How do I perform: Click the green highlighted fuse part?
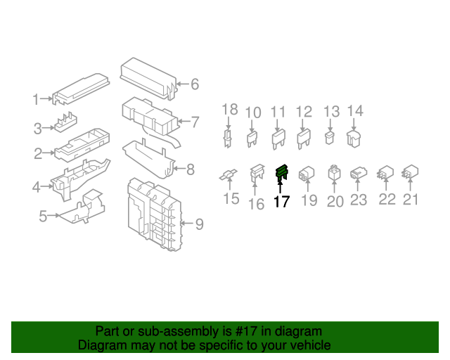click(x=281, y=172)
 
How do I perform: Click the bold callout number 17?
click(x=281, y=202)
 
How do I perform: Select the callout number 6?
click(x=195, y=84)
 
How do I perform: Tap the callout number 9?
click(x=200, y=224)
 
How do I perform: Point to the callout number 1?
click(x=35, y=100)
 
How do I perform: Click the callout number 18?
click(x=230, y=110)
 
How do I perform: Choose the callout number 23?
click(x=359, y=200)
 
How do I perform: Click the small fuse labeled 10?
click(x=252, y=139)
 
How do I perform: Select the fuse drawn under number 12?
click(x=303, y=139)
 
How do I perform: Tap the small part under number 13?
click(x=330, y=138)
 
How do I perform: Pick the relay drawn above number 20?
click(x=334, y=172)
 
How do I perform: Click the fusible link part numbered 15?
click(x=229, y=175)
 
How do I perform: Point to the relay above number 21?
click(x=411, y=172)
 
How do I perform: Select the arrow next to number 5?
click(x=53, y=215)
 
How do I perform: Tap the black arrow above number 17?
click(x=280, y=186)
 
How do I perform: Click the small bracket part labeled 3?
click(x=66, y=122)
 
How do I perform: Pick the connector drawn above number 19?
click(x=307, y=173)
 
